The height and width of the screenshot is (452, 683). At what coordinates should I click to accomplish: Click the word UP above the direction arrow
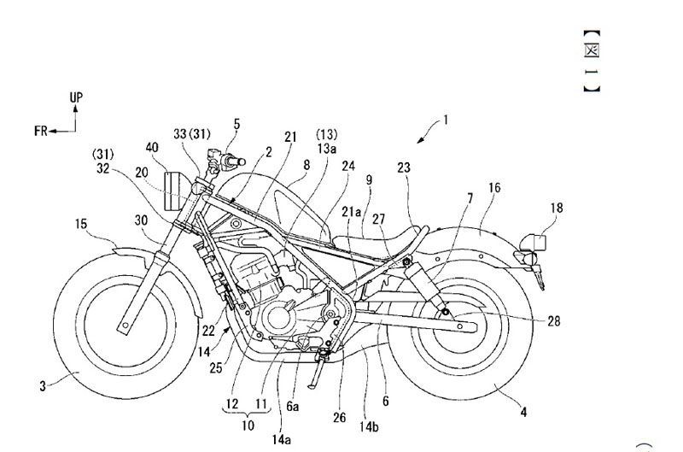pyautogui.click(x=76, y=97)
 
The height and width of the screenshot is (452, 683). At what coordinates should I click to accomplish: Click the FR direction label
pyautogui.click(x=40, y=131)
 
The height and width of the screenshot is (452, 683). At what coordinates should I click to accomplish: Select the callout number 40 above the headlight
pyautogui.click(x=153, y=147)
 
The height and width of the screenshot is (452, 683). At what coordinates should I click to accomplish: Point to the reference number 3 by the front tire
pyautogui.click(x=43, y=385)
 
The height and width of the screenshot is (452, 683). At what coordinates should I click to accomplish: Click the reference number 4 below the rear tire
pyautogui.click(x=523, y=412)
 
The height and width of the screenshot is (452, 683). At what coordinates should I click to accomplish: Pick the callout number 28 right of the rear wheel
pyautogui.click(x=553, y=321)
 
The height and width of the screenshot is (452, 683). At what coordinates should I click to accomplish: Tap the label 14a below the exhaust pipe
pyautogui.click(x=282, y=440)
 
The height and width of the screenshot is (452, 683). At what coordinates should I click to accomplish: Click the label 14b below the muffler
pyautogui.click(x=369, y=426)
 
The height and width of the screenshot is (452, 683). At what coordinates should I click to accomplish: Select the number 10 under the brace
pyautogui.click(x=248, y=425)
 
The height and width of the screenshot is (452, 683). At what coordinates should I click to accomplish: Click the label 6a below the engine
pyautogui.click(x=292, y=406)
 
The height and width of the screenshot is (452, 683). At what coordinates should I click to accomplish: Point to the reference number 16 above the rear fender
pyautogui.click(x=494, y=188)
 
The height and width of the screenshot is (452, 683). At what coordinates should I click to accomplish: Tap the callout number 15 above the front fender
pyautogui.click(x=81, y=224)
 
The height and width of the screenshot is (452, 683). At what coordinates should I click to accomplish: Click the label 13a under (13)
pyautogui.click(x=327, y=149)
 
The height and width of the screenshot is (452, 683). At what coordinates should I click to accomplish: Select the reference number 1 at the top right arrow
pyautogui.click(x=446, y=119)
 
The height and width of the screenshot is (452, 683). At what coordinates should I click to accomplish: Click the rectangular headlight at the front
pyautogui.click(x=172, y=191)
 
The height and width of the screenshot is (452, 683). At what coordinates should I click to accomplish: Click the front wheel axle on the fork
pyautogui.click(x=126, y=326)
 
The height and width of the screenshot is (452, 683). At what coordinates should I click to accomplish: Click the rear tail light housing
pyautogui.click(x=537, y=244)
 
